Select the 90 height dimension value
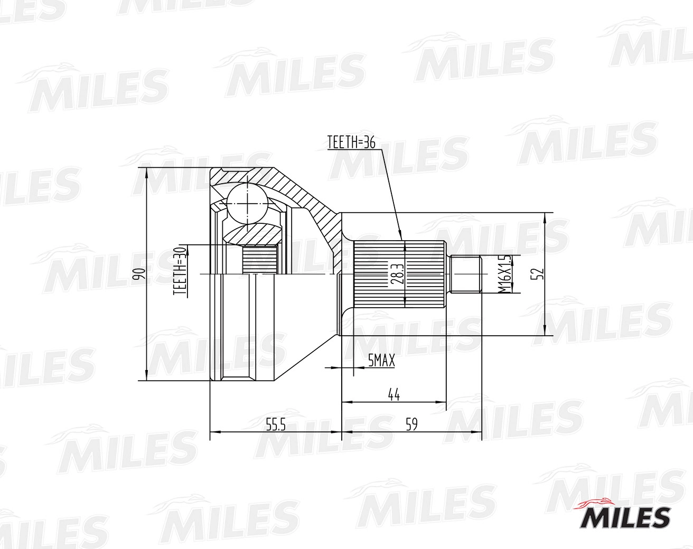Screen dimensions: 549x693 (x=139, y=274)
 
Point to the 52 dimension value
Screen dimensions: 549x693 (x=539, y=274)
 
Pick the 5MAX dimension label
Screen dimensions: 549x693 (x=381, y=361)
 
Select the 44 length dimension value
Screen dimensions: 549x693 (x=393, y=395)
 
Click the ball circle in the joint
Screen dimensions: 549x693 (x=247, y=202)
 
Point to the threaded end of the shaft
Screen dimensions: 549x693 (x=465, y=274)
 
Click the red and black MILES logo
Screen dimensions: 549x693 (x=625, y=515)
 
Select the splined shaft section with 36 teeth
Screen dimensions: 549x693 (x=399, y=274)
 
